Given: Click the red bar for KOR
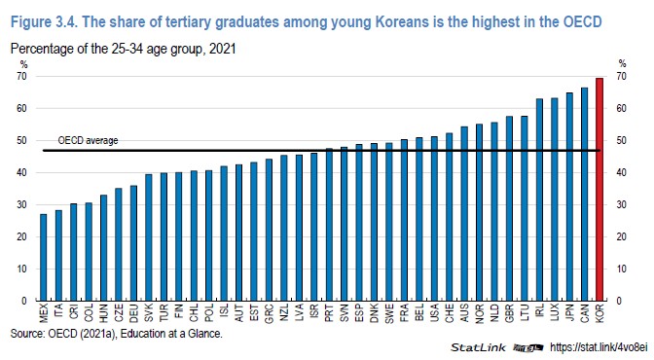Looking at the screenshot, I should (599, 190).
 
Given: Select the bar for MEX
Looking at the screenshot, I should (43, 258).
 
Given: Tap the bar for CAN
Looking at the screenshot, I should (584, 195).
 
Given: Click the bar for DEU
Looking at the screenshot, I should (133, 243).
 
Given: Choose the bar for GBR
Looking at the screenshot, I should (509, 209).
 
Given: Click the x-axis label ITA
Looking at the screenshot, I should (58, 314).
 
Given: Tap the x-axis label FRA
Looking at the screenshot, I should (403, 314).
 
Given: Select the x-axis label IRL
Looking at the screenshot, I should (539, 314).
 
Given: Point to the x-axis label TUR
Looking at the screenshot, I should (164, 314).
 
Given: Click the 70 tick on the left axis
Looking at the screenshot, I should (22, 76).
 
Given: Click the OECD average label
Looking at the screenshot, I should (88, 140).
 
